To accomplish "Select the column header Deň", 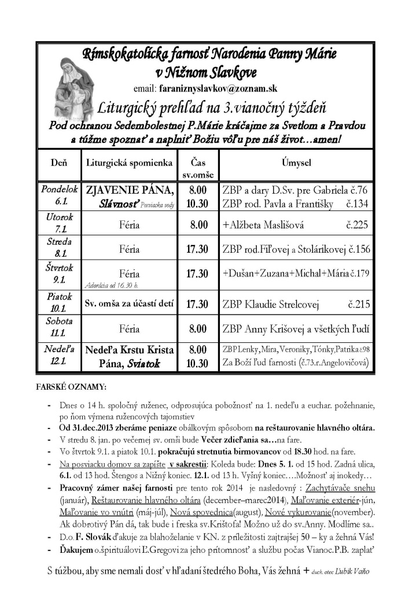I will click(x=57, y=163).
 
